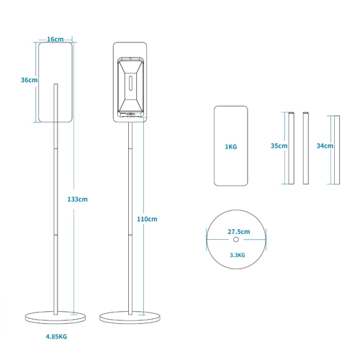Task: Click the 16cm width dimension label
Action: coord(55,39)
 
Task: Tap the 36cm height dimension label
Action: coord(29,80)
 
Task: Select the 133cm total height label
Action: coord(77,199)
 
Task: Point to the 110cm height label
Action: coord(147,219)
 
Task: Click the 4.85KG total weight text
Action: coord(56,336)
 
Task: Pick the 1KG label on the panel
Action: coord(231,147)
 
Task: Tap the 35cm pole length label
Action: coord(279,145)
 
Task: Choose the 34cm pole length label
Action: coord(325,145)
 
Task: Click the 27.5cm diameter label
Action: coord(238,232)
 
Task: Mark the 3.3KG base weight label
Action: coord(238,255)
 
